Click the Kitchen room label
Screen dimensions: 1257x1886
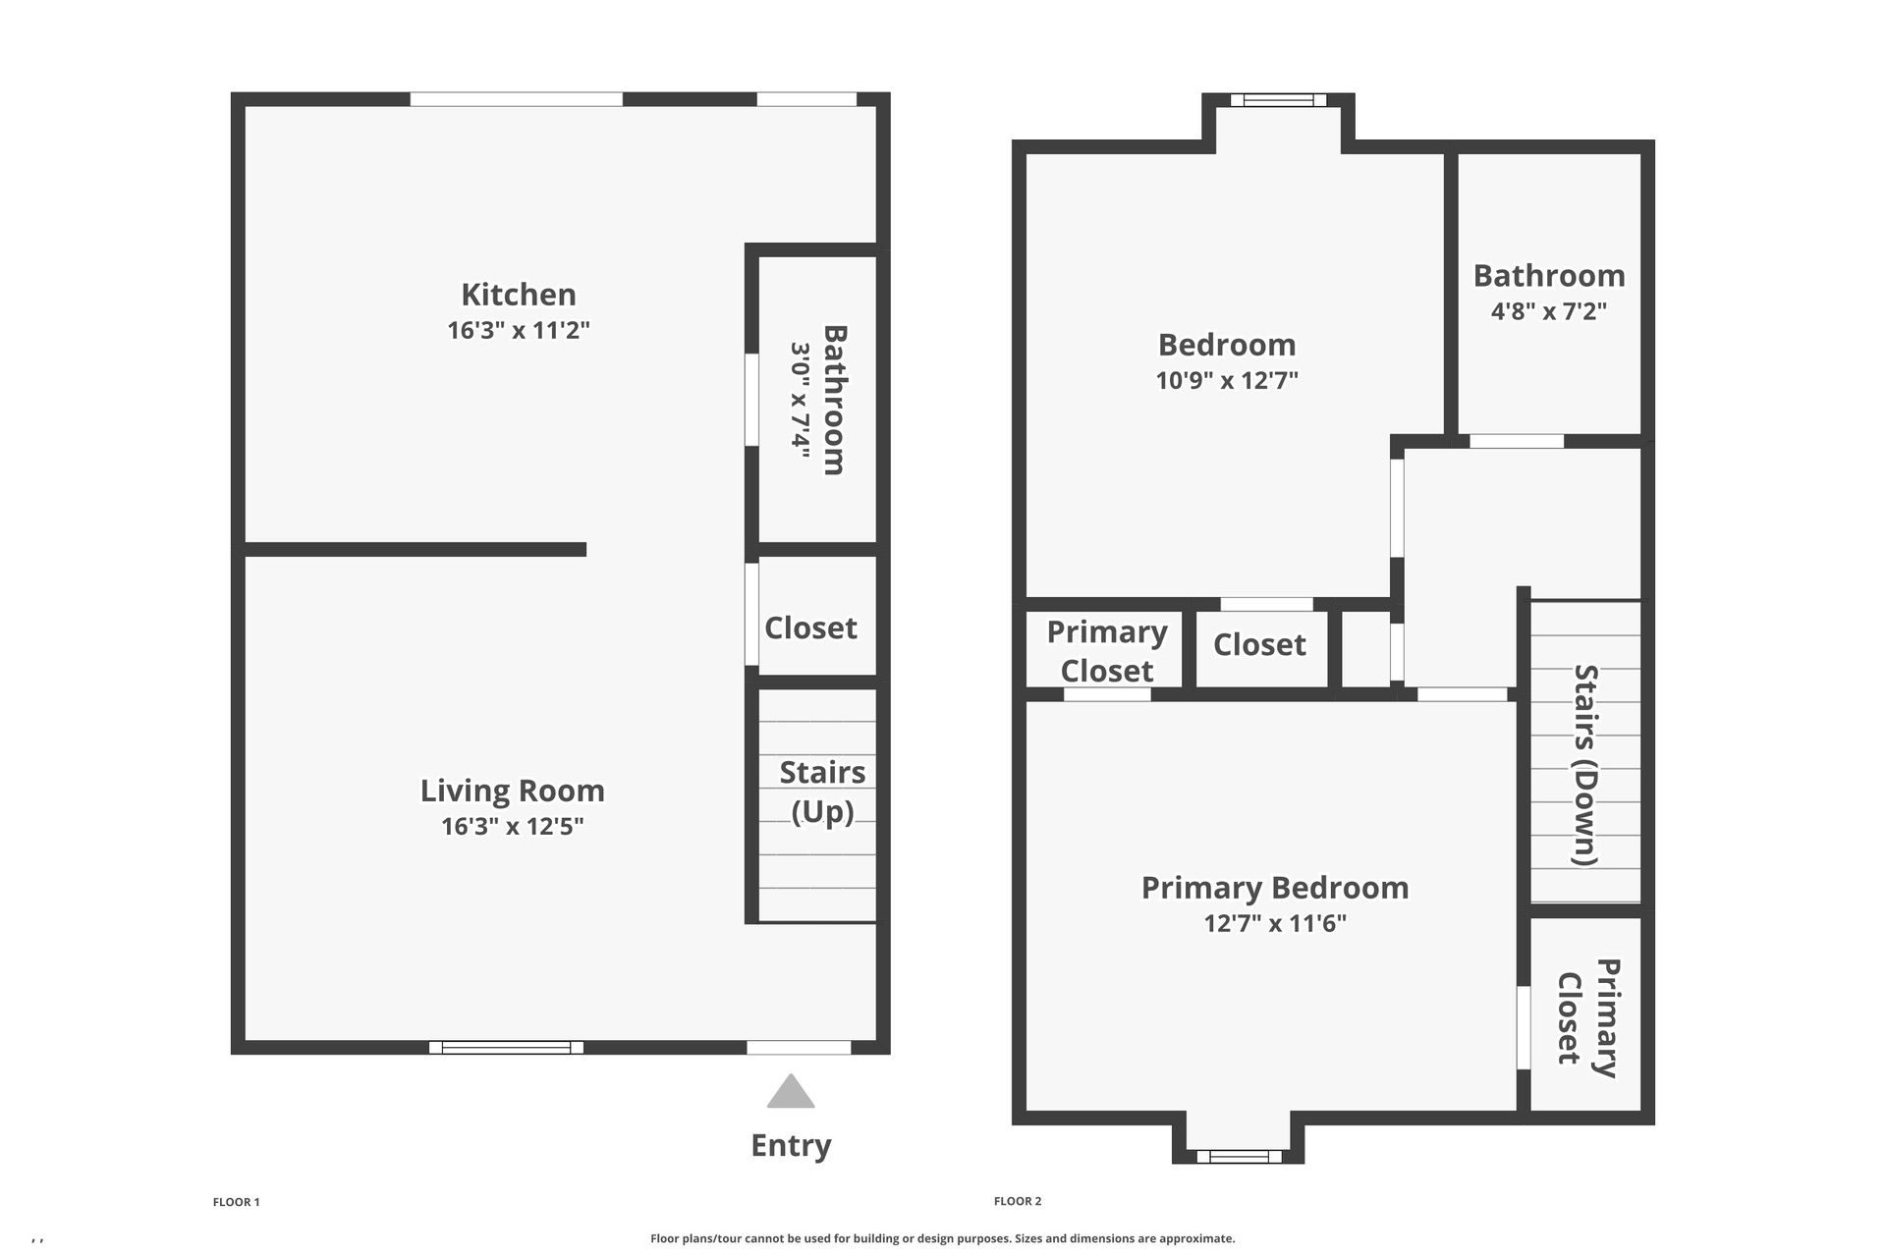click(519, 295)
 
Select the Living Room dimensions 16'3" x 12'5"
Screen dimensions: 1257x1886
click(512, 826)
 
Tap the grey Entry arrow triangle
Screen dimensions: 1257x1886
click(791, 1092)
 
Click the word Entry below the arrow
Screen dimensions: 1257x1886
click(791, 1145)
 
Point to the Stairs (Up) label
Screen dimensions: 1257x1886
click(822, 792)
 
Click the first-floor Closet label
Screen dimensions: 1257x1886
click(810, 628)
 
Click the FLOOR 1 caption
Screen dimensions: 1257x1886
click(236, 1202)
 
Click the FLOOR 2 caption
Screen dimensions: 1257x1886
click(1017, 1201)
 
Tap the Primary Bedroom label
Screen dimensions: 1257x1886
click(1274, 888)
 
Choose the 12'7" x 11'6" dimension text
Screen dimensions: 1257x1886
click(1274, 923)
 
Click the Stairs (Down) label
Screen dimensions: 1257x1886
click(1585, 765)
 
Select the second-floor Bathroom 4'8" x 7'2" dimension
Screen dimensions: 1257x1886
click(1548, 311)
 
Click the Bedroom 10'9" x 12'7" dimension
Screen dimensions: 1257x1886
click(1227, 380)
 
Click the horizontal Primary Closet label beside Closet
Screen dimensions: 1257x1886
click(1106, 651)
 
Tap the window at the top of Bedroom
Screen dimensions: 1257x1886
click(1278, 99)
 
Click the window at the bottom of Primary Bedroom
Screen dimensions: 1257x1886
click(1238, 1157)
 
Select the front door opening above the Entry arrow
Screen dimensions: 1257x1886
click(799, 1048)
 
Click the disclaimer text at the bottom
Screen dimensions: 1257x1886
click(942, 1238)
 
